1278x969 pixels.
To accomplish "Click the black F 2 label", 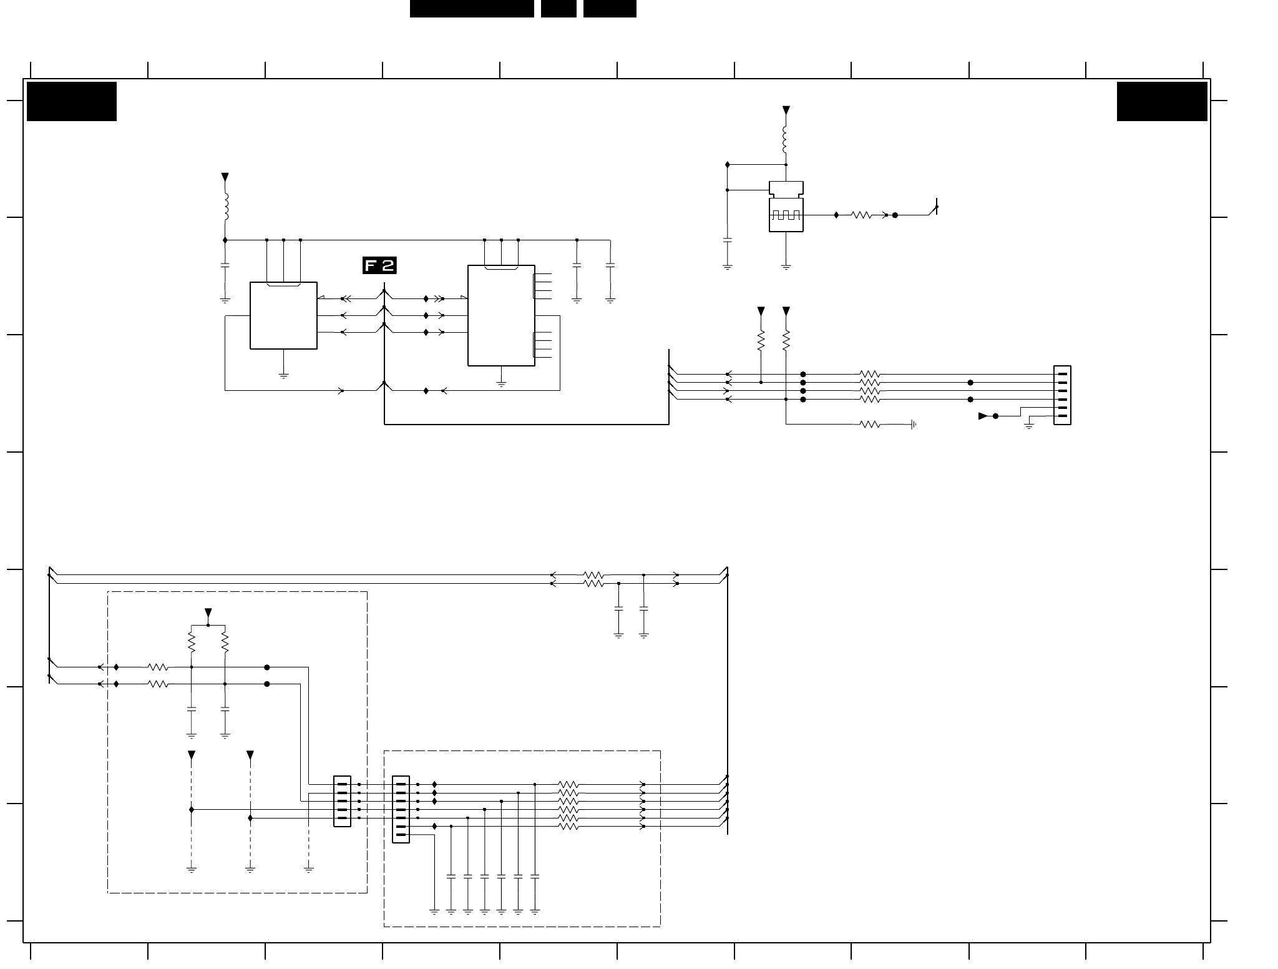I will pyautogui.click(x=379, y=265).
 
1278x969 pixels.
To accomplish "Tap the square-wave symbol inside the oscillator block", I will pyautogui.click(x=786, y=215).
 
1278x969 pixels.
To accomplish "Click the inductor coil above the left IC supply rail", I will pyautogui.click(x=225, y=207).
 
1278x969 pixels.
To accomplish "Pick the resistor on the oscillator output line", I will pyautogui.click(x=861, y=215).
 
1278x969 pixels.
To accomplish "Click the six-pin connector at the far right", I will pyautogui.click(x=1062, y=395).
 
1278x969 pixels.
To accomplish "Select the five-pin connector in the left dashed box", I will pyautogui.click(x=342, y=801).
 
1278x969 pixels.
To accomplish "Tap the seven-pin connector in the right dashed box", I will pyautogui.click(x=401, y=809).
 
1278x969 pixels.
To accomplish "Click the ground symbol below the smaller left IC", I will pyautogui.click(x=284, y=376).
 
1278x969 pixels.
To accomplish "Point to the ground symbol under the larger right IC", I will pyautogui.click(x=502, y=385).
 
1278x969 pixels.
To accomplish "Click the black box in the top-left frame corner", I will pyautogui.click(x=72, y=101).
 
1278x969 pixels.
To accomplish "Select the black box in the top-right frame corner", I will pyautogui.click(x=1162, y=101).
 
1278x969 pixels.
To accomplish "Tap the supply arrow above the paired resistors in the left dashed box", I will pyautogui.click(x=208, y=612).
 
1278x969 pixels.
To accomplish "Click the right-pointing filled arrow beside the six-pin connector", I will pyautogui.click(x=983, y=416).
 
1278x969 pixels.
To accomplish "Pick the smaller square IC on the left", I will pyautogui.click(x=283, y=315).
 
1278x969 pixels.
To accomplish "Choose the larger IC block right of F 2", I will pyautogui.click(x=501, y=315).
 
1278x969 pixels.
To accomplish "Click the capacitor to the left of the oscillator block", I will pyautogui.click(x=728, y=240).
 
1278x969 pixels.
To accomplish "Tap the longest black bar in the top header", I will pyautogui.click(x=472, y=9).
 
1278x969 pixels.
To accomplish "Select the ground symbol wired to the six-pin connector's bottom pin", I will pyautogui.click(x=1029, y=426).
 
